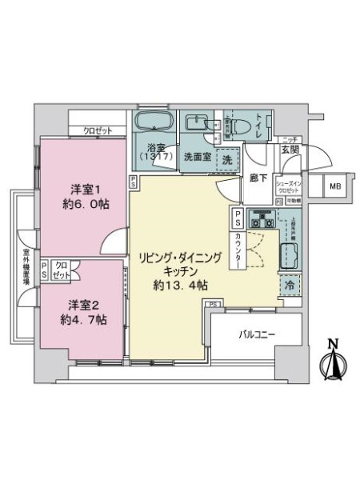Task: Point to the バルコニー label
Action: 255,334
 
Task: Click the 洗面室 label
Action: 197,157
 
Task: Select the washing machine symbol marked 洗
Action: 227,158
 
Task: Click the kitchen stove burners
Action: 262,217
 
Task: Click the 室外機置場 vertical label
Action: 26,269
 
